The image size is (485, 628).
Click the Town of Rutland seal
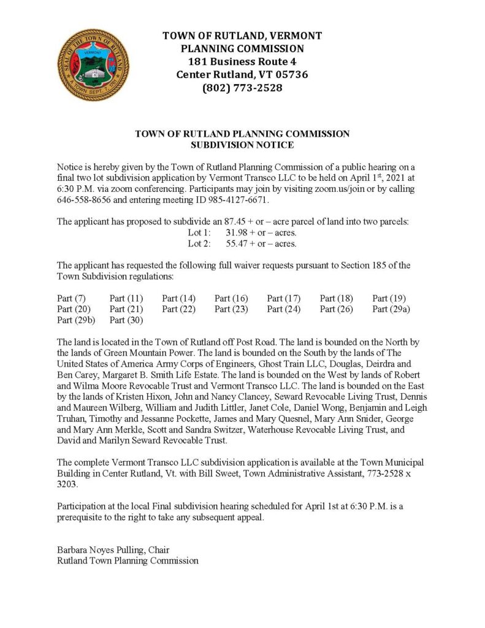pos(93,65)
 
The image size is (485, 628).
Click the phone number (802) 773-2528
pos(242,88)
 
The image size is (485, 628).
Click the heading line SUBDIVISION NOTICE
pos(242,145)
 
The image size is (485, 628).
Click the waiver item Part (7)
pos(71,298)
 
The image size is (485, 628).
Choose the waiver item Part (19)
pos(389,298)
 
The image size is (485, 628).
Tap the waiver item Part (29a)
pos(391,309)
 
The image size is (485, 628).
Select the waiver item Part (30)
pos(126,320)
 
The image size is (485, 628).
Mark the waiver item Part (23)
pos(231,309)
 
